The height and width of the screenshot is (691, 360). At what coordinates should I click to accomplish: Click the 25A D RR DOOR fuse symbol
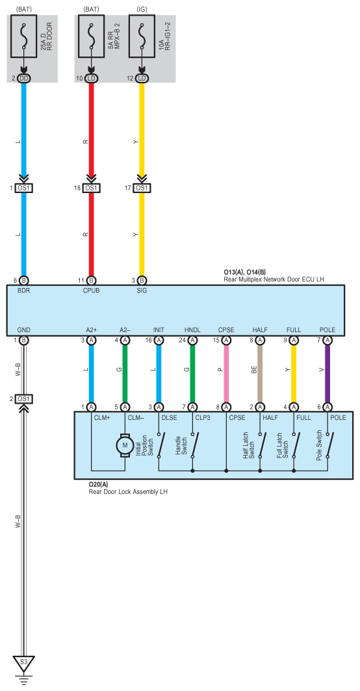(x=24, y=36)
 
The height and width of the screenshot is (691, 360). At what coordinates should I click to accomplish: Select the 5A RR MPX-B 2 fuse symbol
(x=91, y=36)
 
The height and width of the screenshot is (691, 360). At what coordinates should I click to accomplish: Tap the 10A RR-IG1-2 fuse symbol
(x=142, y=36)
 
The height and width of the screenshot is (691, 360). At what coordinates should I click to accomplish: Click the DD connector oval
(x=24, y=79)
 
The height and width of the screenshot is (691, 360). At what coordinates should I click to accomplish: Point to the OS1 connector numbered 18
(x=91, y=188)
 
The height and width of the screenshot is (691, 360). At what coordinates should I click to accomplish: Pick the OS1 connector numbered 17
(x=142, y=188)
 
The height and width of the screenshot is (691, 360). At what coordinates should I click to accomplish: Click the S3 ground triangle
(x=24, y=662)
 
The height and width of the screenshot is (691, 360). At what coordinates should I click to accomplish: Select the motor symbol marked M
(x=125, y=445)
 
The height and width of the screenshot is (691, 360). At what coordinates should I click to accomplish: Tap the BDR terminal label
(x=23, y=291)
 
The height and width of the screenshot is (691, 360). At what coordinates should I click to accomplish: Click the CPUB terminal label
(x=91, y=291)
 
